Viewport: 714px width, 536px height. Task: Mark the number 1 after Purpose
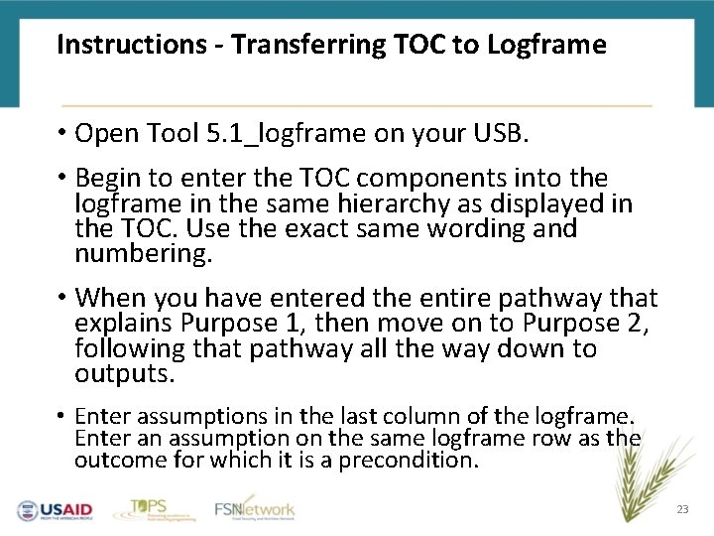[x=288, y=324]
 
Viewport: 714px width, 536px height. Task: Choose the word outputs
[x=125, y=375]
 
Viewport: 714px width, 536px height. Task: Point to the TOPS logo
[x=148, y=508]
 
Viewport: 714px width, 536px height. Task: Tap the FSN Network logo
[x=255, y=508]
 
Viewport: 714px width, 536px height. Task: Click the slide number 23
[x=681, y=509]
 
